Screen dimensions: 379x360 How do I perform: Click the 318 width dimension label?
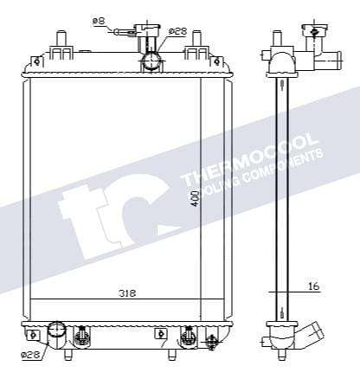pos(127,293)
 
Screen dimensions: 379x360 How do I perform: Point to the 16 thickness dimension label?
pos(314,285)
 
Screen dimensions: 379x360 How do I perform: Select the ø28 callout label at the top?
pos(177,31)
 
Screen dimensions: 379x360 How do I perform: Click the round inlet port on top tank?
pos(152,60)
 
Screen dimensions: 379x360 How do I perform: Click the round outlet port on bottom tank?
pos(57,331)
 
